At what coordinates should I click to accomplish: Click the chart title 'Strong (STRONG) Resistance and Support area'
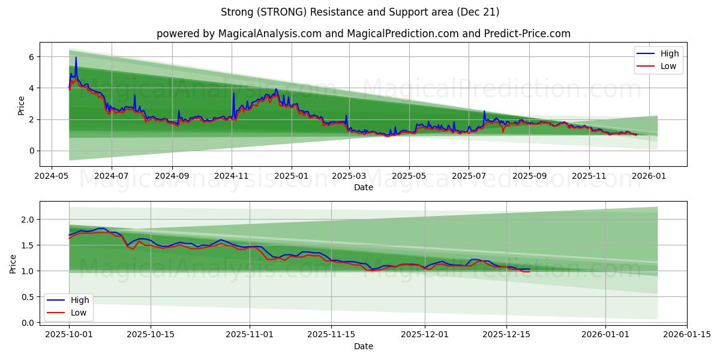click(360, 12)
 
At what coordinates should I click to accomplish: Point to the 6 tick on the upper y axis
click(32, 57)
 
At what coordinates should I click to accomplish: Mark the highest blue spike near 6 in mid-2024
click(76, 58)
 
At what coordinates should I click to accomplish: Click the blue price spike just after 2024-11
click(233, 94)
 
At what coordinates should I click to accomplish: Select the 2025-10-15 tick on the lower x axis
click(151, 334)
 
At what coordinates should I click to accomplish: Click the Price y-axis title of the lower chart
click(13, 263)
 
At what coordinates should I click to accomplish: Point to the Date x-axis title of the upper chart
click(363, 187)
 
